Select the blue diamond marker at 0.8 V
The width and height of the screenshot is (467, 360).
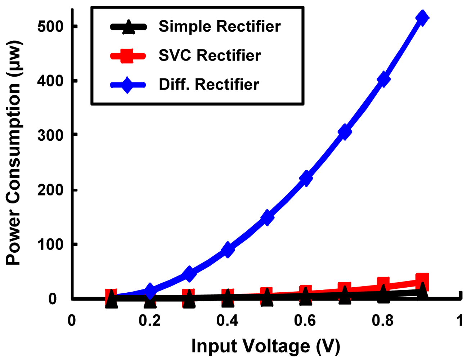[x=383, y=78]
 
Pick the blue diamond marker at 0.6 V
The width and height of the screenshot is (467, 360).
[x=306, y=178]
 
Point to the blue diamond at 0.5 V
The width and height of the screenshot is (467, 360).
[x=267, y=217]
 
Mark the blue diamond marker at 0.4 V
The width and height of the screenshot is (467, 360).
[x=228, y=249]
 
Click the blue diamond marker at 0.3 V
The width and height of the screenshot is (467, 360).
[x=189, y=274]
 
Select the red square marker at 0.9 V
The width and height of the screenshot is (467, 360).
[x=422, y=280]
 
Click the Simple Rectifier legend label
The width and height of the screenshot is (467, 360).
[x=219, y=27]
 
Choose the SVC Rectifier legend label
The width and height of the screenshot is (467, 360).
[x=210, y=56]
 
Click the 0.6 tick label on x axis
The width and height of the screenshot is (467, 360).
[x=305, y=320]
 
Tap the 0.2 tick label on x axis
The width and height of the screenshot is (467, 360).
[x=150, y=320]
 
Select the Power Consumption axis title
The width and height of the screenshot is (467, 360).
[x=14, y=153]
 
